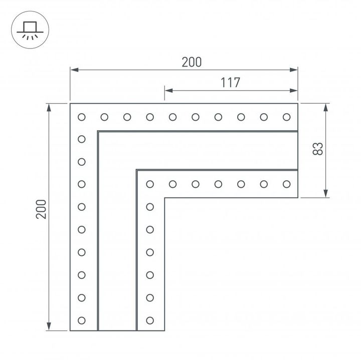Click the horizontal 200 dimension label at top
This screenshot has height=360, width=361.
coord(191,62)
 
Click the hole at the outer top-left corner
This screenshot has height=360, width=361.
coord(82,117)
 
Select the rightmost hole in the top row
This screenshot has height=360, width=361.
coord(286,117)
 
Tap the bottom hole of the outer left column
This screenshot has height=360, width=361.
coord(82,319)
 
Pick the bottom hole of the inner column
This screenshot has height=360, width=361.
coord(149,319)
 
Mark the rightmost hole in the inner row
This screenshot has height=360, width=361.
coord(286,184)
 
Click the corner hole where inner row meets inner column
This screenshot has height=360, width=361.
coord(149,184)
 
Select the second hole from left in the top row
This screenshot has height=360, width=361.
coord(104,117)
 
